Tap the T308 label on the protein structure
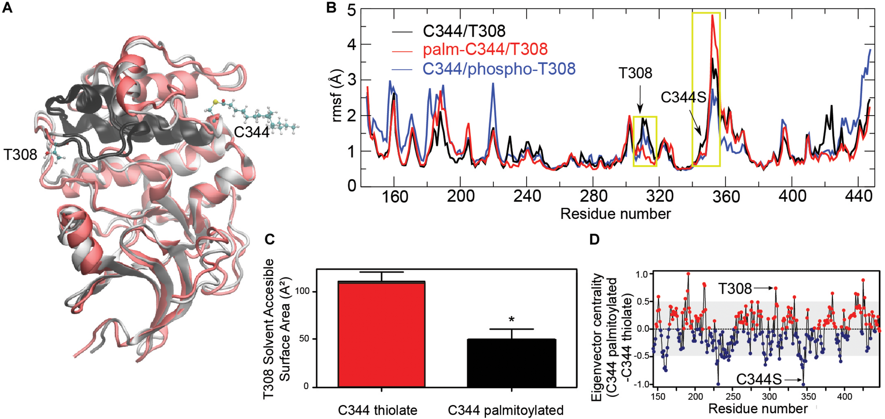[x=20, y=155]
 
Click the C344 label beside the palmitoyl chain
[x=252, y=132]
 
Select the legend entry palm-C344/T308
[x=485, y=49]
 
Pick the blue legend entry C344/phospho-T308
[x=499, y=69]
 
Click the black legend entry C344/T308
[x=464, y=31]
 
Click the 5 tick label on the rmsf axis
[x=351, y=11]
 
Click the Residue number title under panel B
[x=615, y=214]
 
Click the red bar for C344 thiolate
[x=381, y=334]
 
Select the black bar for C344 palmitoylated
[x=511, y=363]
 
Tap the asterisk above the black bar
[x=512, y=320]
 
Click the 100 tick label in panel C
[x=302, y=291]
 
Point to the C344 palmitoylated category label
[x=506, y=411]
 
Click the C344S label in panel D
[x=759, y=380]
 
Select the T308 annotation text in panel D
[x=735, y=289]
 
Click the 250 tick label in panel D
[x=733, y=397]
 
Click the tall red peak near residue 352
[x=712, y=16]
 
